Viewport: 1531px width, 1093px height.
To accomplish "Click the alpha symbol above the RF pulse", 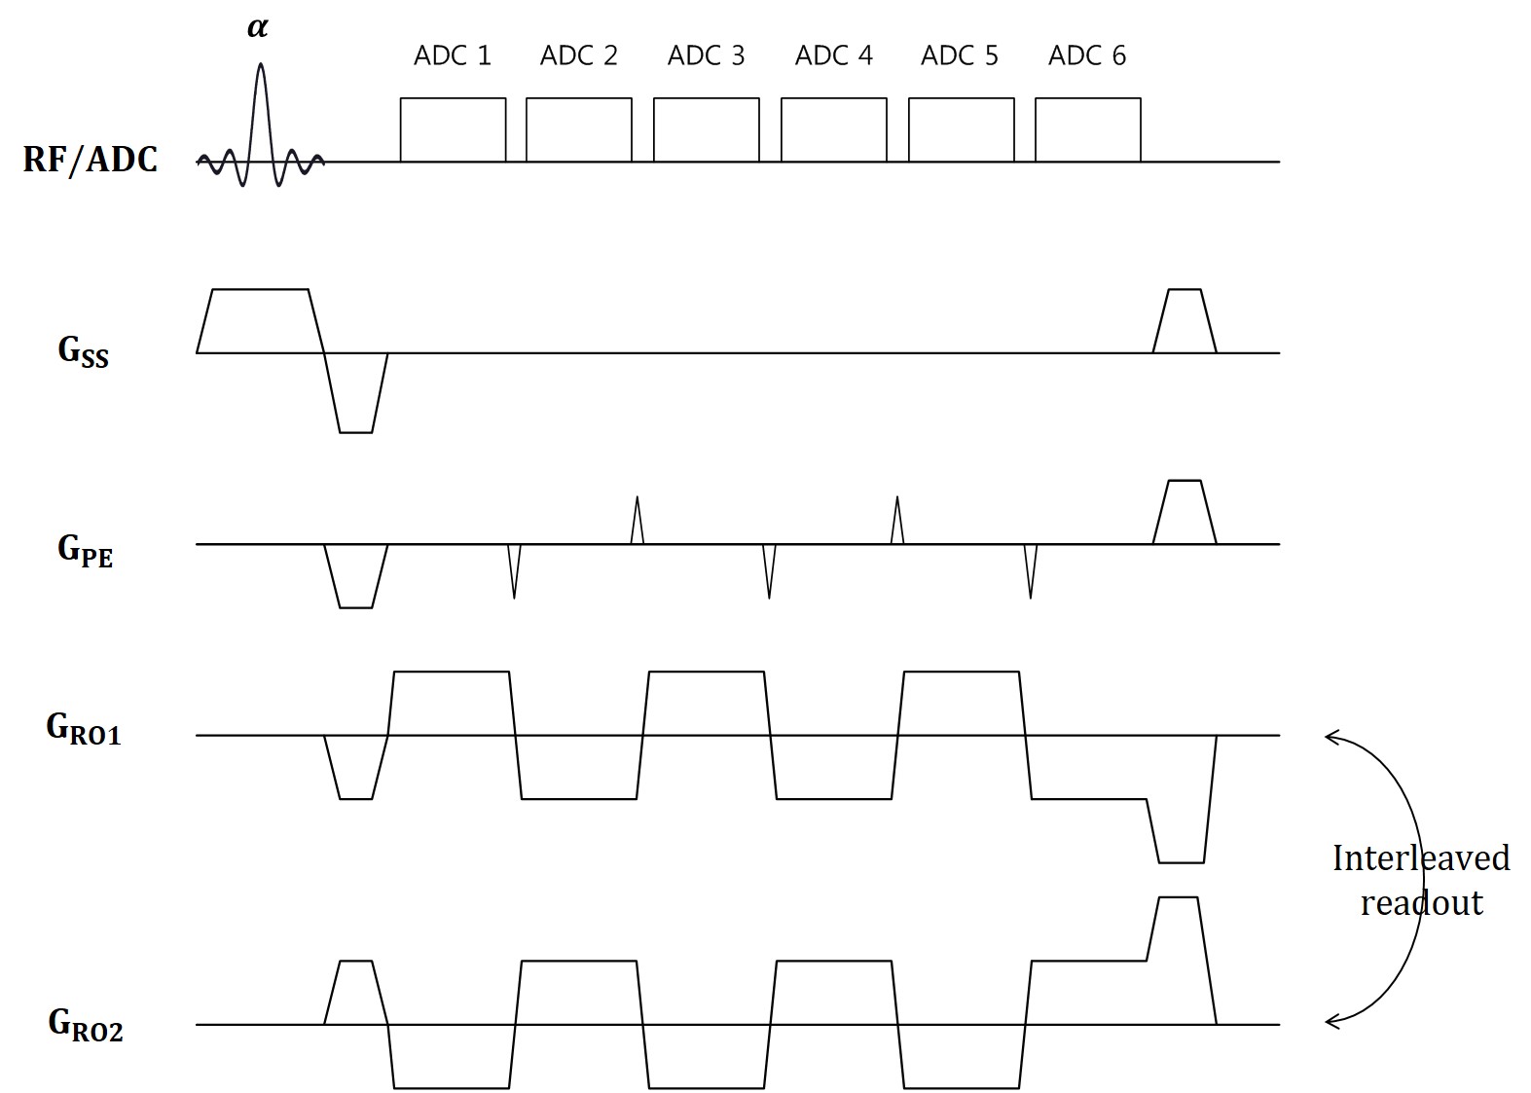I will tap(257, 27).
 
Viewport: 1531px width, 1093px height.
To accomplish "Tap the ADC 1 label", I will tap(453, 55).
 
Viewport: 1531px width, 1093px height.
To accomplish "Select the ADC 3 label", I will tap(706, 55).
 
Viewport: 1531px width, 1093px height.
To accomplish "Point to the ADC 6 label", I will tap(1086, 55).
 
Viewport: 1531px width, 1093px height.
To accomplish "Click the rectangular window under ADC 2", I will tap(579, 129).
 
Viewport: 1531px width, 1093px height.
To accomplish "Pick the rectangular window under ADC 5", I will tap(961, 129).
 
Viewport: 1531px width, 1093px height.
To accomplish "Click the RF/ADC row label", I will tap(90, 159).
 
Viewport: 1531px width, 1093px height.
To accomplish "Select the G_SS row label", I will tap(84, 352).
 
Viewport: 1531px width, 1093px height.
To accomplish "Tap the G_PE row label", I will tap(85, 551).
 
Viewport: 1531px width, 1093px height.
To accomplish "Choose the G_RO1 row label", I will tap(84, 729).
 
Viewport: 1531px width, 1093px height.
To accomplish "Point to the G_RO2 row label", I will tap(86, 1025).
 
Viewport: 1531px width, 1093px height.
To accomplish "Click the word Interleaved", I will tap(1420, 858).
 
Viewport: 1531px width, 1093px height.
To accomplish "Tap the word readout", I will tap(1421, 903).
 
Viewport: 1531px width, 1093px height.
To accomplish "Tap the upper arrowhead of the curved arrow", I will tap(1329, 737).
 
